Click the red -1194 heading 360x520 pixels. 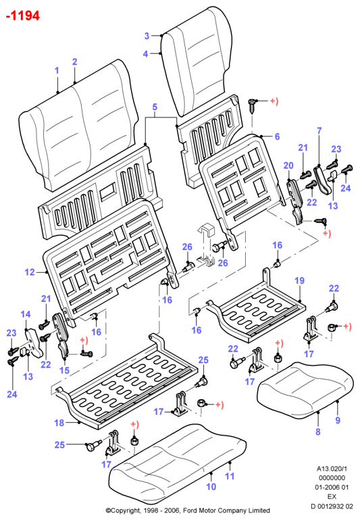click(x=23, y=16)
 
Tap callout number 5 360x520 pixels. click(x=155, y=107)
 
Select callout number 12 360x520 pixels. click(x=30, y=272)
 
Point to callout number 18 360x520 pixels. click(x=59, y=423)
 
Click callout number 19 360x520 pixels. click(x=300, y=280)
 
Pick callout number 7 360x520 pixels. click(x=319, y=130)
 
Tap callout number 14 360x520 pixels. click(x=26, y=314)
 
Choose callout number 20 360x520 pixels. click(x=288, y=165)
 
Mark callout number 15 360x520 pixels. click(x=64, y=370)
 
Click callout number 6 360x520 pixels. click(x=277, y=136)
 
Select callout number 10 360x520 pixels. click(x=211, y=486)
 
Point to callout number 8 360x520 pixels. click(x=318, y=432)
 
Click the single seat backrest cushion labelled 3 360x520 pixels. click(x=197, y=59)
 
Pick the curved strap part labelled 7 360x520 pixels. click(x=322, y=180)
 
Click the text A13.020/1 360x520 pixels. click(x=332, y=469)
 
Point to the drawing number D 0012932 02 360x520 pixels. click(x=332, y=506)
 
